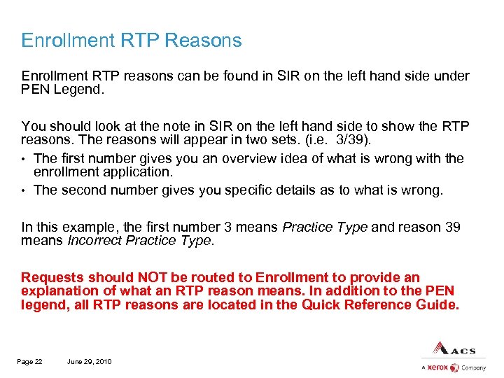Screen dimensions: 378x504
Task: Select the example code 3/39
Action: point(349,139)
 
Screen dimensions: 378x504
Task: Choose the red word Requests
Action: point(49,278)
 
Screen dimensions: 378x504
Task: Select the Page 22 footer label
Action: point(30,361)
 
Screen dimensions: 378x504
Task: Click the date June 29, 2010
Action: point(89,361)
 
